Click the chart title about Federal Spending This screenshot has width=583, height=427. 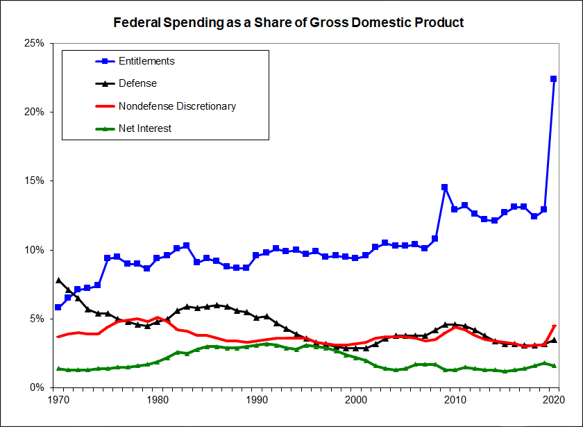[x=289, y=22]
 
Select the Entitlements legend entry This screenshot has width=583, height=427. [x=146, y=61]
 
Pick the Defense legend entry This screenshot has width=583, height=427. [x=137, y=83]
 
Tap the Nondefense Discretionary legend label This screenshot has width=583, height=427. [x=177, y=106]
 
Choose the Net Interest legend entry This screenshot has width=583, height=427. [x=144, y=128]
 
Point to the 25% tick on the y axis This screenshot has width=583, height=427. [x=33, y=43]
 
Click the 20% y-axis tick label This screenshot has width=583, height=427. [x=33, y=112]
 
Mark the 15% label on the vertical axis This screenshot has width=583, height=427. [x=33, y=181]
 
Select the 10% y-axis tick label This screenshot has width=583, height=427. [x=33, y=250]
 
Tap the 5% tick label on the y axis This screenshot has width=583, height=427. [x=35, y=319]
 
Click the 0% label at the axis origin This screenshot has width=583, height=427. [x=35, y=387]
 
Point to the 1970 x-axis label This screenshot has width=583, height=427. [x=58, y=401]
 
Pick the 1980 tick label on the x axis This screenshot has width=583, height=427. [x=158, y=401]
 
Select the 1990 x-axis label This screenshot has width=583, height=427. [x=257, y=401]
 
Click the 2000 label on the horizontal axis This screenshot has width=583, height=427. [x=356, y=401]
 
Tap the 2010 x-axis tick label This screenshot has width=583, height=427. [x=455, y=401]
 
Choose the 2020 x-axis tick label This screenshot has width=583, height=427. [x=554, y=401]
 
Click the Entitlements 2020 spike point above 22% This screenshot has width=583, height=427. [x=554, y=78]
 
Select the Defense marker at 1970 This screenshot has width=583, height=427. [x=58, y=281]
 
